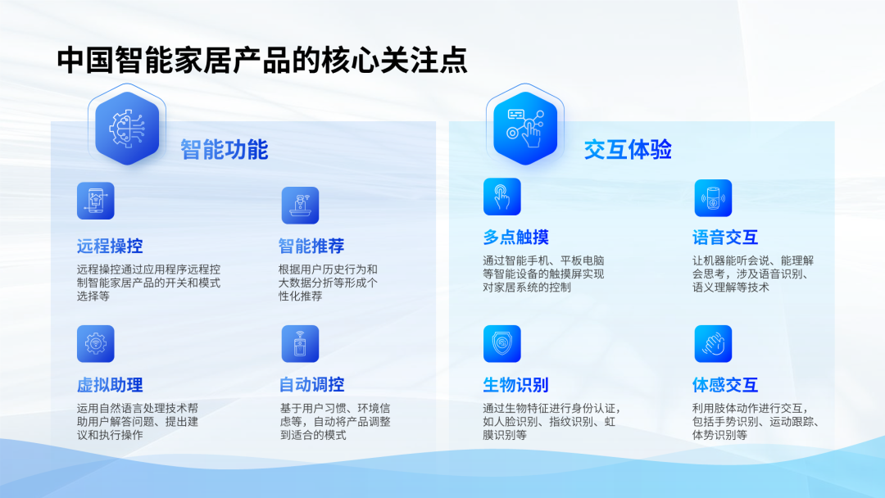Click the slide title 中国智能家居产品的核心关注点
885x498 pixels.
[262, 60]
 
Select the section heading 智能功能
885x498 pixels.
[224, 149]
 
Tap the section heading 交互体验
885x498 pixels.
[628, 149]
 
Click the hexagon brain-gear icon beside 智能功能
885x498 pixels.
[127, 128]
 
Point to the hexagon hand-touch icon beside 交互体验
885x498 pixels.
[525, 128]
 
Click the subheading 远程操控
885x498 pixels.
[110, 246]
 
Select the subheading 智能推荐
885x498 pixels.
[311, 246]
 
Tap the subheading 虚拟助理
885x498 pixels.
[110, 385]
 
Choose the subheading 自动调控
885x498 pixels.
[311, 385]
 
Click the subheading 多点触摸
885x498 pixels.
[515, 238]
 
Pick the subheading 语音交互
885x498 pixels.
[724, 238]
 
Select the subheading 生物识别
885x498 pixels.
[515, 385]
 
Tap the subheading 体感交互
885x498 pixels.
[724, 385]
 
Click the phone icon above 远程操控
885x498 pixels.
[95, 201]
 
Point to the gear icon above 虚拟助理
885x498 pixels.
[95, 343]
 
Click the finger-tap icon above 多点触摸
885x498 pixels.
[501, 197]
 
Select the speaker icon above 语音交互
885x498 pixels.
[713, 198]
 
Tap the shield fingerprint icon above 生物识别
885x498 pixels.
[501, 343]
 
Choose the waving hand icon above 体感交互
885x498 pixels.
[713, 343]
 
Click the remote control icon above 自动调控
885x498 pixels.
[300, 343]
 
